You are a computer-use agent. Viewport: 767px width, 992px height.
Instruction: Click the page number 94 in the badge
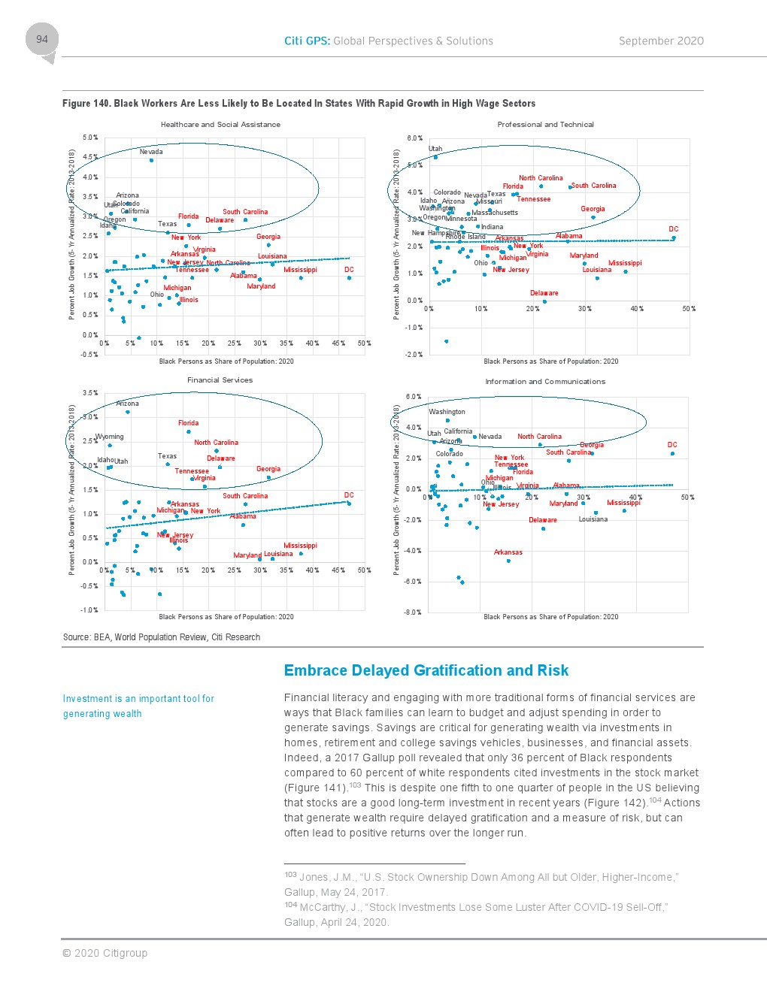tap(42, 39)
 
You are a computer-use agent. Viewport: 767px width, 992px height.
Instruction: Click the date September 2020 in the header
tap(661, 41)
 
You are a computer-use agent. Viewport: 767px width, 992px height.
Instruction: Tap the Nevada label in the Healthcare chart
tap(151, 152)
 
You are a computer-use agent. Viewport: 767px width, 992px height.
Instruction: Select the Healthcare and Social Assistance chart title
tap(220, 125)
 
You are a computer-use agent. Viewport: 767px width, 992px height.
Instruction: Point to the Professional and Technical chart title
tap(545, 125)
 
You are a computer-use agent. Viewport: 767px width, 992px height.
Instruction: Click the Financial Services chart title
tap(220, 380)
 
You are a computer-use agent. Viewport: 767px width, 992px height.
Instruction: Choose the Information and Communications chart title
tap(545, 382)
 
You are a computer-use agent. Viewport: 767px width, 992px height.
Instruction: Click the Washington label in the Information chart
tap(447, 412)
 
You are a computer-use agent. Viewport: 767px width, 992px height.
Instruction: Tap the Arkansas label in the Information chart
tap(508, 552)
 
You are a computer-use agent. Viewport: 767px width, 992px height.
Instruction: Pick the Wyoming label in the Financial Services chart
tap(110, 437)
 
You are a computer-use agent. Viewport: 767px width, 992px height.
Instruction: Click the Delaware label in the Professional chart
tap(544, 293)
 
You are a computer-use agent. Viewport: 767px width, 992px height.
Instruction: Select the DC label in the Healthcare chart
tap(349, 270)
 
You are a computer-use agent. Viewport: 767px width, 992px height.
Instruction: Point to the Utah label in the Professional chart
tap(435, 149)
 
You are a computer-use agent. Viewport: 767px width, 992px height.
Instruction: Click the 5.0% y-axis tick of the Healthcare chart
tap(90, 138)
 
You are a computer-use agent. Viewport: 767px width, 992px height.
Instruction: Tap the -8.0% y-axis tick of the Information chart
tap(413, 612)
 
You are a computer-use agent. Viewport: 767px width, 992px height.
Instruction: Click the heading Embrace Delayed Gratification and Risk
tap(426, 670)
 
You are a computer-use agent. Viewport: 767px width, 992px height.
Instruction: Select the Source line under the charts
tap(162, 637)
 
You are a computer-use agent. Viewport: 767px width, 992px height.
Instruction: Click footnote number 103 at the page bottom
tap(290, 875)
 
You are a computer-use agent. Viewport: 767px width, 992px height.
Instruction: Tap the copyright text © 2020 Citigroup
tap(105, 953)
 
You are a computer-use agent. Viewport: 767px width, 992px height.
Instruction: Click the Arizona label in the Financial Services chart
tap(127, 404)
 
